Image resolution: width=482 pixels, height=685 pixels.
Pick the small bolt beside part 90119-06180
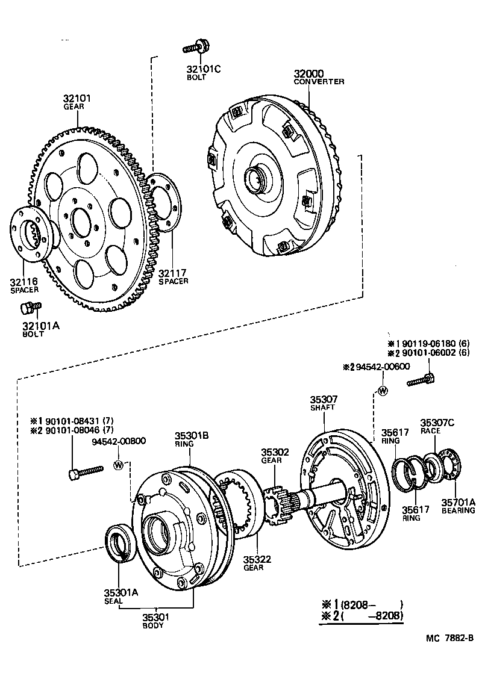click(x=421, y=380)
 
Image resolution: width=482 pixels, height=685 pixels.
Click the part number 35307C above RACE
click(x=437, y=423)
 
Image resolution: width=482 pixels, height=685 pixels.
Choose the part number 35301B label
click(x=192, y=435)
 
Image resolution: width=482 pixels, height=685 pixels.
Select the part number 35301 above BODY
click(x=155, y=617)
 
